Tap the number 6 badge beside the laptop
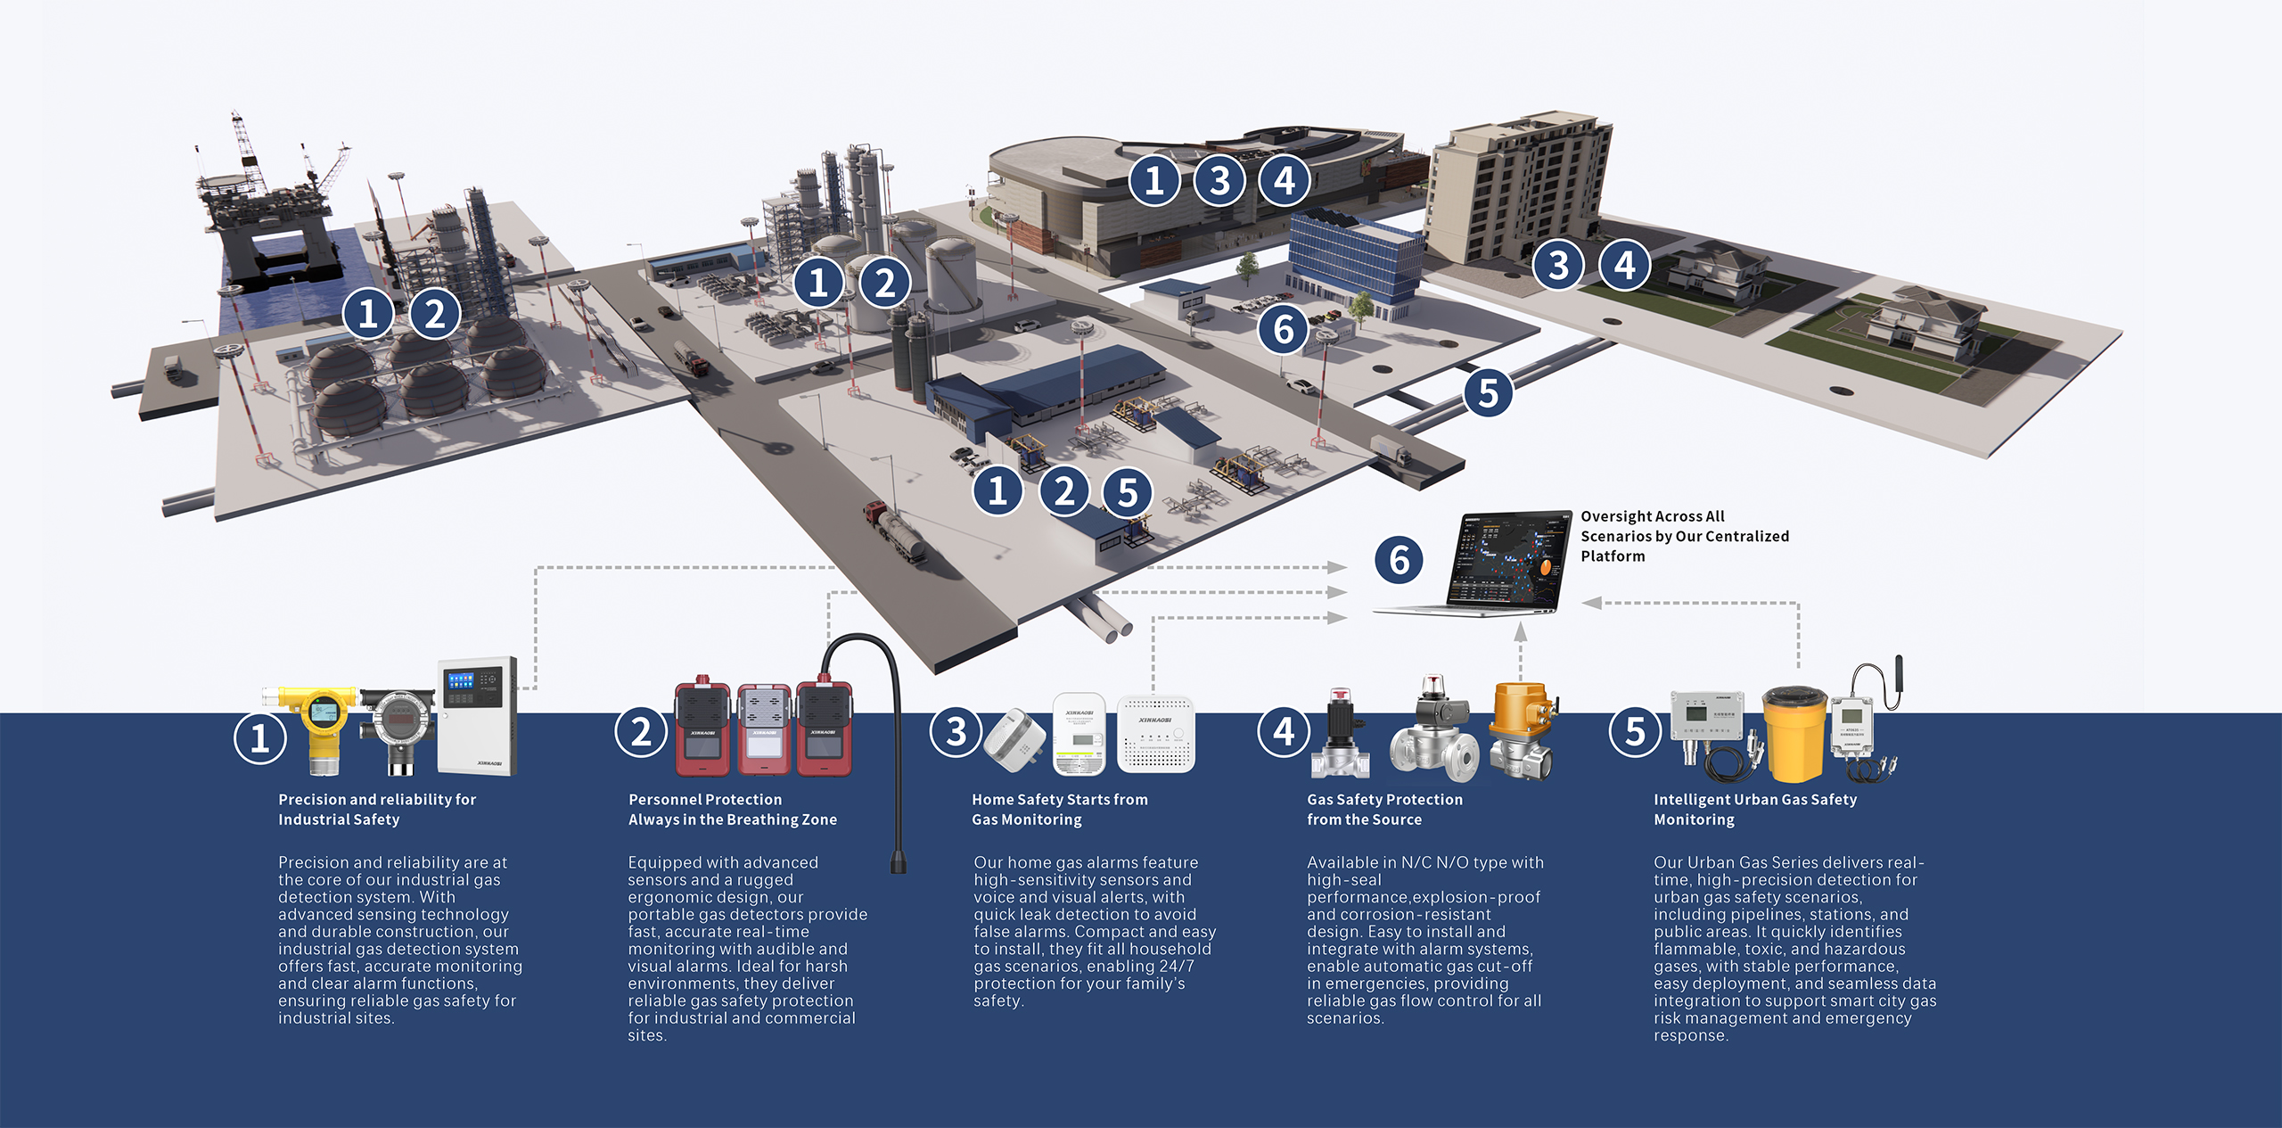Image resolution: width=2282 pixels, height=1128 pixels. click(1399, 560)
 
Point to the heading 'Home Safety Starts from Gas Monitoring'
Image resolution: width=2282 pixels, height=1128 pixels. click(1060, 810)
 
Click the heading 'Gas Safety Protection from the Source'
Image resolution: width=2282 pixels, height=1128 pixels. click(1384, 810)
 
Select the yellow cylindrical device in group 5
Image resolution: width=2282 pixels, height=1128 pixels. click(1794, 734)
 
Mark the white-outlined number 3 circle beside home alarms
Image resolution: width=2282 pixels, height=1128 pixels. click(956, 732)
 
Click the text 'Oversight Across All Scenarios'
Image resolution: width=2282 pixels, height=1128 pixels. click(1653, 526)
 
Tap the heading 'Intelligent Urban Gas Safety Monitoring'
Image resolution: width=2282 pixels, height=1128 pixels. click(1755, 810)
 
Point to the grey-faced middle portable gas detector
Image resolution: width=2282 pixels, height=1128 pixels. click(763, 728)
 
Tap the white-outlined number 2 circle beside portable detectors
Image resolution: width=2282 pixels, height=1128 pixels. click(641, 732)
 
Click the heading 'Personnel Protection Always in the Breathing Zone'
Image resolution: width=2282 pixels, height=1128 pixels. click(733, 810)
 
